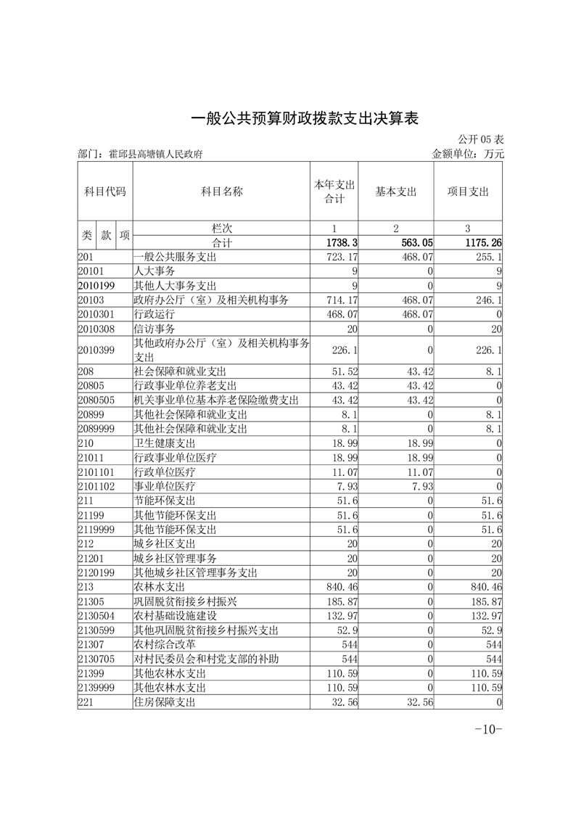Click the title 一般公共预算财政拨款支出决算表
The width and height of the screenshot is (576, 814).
[x=305, y=118]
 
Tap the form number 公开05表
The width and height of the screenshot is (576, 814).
[x=480, y=139]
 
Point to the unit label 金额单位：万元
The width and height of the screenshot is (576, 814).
[x=467, y=154]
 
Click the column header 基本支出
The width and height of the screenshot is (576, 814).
[x=396, y=192]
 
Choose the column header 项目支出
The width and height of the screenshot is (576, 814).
[x=468, y=192]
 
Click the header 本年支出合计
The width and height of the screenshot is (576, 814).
[x=334, y=192]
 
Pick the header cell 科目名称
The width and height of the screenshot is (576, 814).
[x=221, y=192]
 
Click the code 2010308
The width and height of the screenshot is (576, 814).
[x=96, y=329]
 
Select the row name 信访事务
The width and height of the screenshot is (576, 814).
[x=155, y=329]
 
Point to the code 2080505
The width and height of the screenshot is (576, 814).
[x=96, y=400]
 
